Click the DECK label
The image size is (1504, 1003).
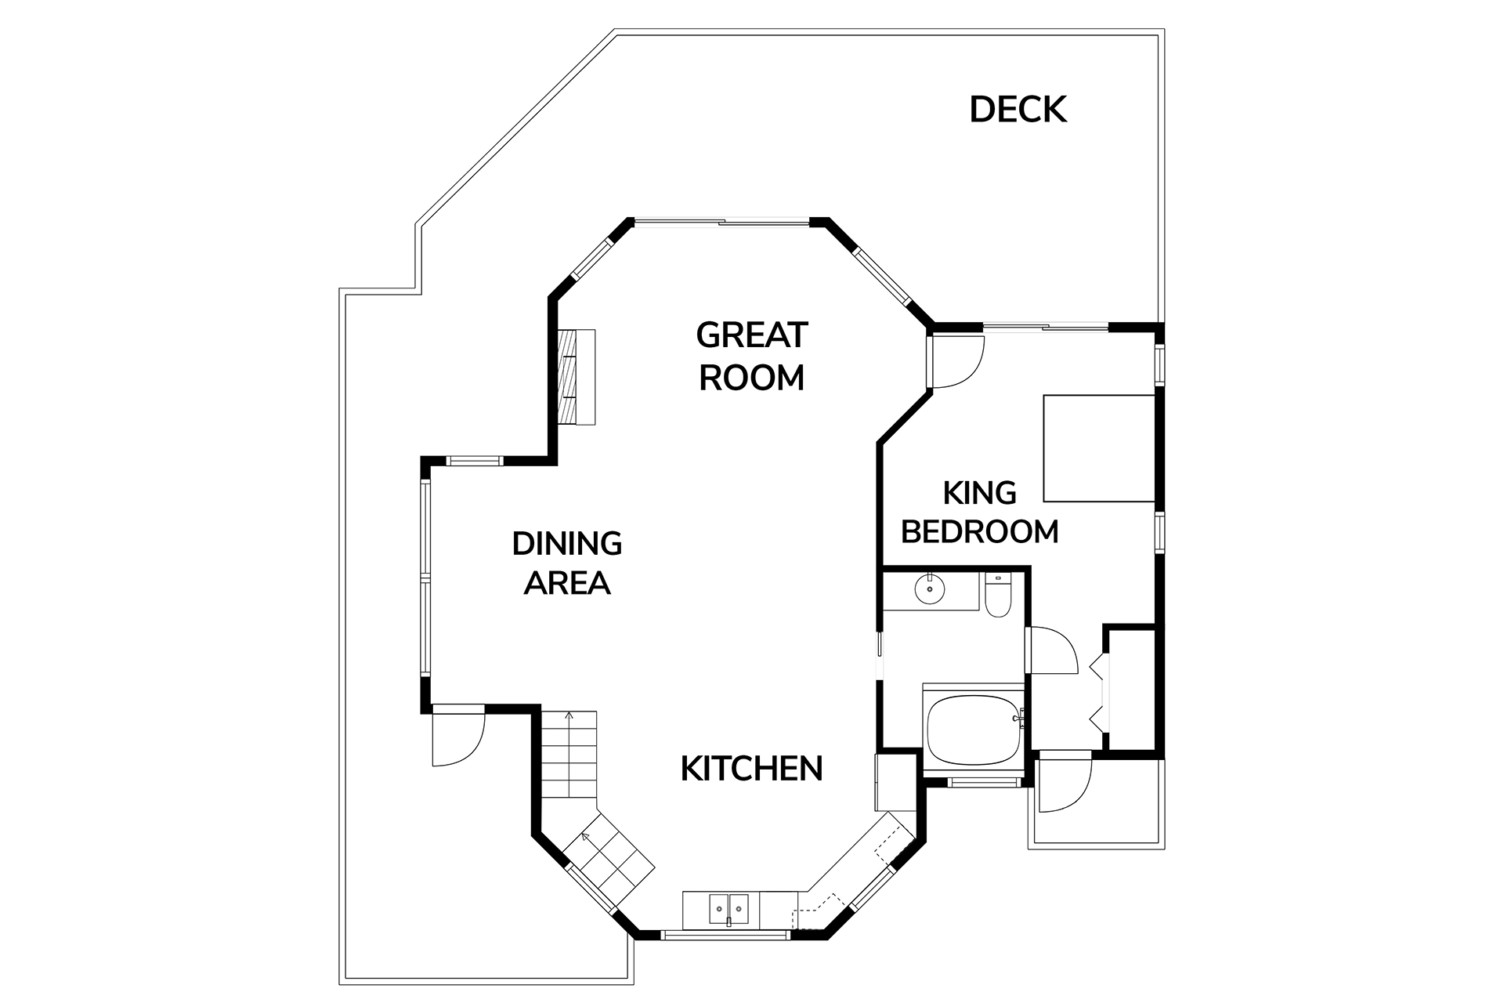pos(1018,110)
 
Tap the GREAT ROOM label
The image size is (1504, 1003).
pos(751,357)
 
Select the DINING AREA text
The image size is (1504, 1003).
pos(566,563)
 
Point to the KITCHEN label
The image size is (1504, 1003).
pos(751,769)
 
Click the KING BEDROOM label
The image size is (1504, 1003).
pos(979,512)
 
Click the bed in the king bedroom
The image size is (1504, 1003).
pos(1098,448)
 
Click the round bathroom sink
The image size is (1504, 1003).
pos(930,589)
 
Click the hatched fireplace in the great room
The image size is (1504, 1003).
pos(576,377)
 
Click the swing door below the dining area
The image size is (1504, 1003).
pos(458,737)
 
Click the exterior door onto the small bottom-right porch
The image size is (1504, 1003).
pos(1063,784)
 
